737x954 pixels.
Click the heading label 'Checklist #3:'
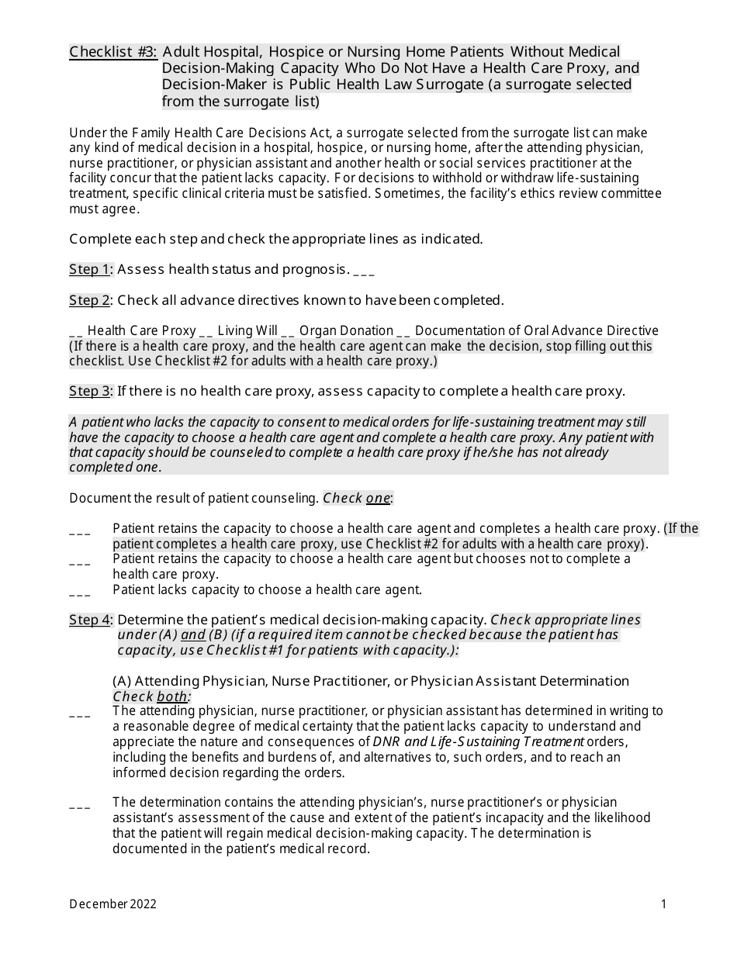tap(113, 52)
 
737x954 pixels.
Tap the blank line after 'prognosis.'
tap(364, 271)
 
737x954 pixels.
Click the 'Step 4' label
tap(90, 620)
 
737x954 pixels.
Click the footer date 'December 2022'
tap(112, 904)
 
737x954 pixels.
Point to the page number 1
tap(663, 904)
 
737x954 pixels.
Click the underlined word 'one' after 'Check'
tap(378, 498)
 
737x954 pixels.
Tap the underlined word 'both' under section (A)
tap(172, 696)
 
